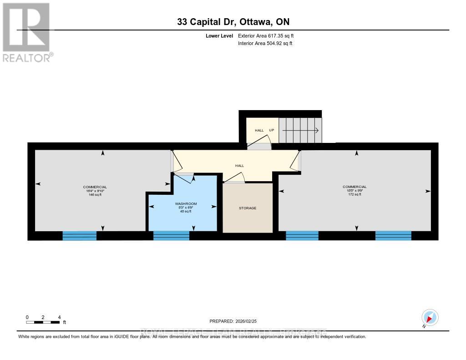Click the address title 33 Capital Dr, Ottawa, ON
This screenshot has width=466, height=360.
[x=233, y=22]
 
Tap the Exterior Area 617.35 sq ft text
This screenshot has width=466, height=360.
[x=269, y=35]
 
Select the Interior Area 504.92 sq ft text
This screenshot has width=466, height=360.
[x=265, y=44]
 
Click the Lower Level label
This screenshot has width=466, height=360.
[x=219, y=35]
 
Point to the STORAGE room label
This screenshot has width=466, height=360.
[x=248, y=208]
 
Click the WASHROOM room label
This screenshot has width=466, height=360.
[x=186, y=204]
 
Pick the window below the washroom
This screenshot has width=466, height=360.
[x=171, y=235]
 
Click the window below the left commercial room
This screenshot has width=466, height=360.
[x=79, y=235]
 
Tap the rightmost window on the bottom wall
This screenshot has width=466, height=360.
[x=393, y=235]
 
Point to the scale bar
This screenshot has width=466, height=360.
[x=43, y=322]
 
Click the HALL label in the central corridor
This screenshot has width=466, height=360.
[x=238, y=166]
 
